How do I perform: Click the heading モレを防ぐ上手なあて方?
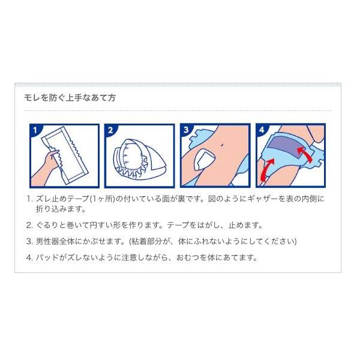click(x=70, y=98)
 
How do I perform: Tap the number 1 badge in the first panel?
click(x=35, y=130)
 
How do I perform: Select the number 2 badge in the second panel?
click(x=110, y=130)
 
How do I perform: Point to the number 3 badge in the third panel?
click(x=186, y=130)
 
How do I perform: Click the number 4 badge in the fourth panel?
click(x=262, y=130)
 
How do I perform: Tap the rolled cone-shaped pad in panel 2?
click(x=139, y=159)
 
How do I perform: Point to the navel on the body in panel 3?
click(x=221, y=145)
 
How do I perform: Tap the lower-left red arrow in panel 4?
click(x=267, y=169)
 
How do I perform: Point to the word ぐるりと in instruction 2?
click(x=50, y=225)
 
